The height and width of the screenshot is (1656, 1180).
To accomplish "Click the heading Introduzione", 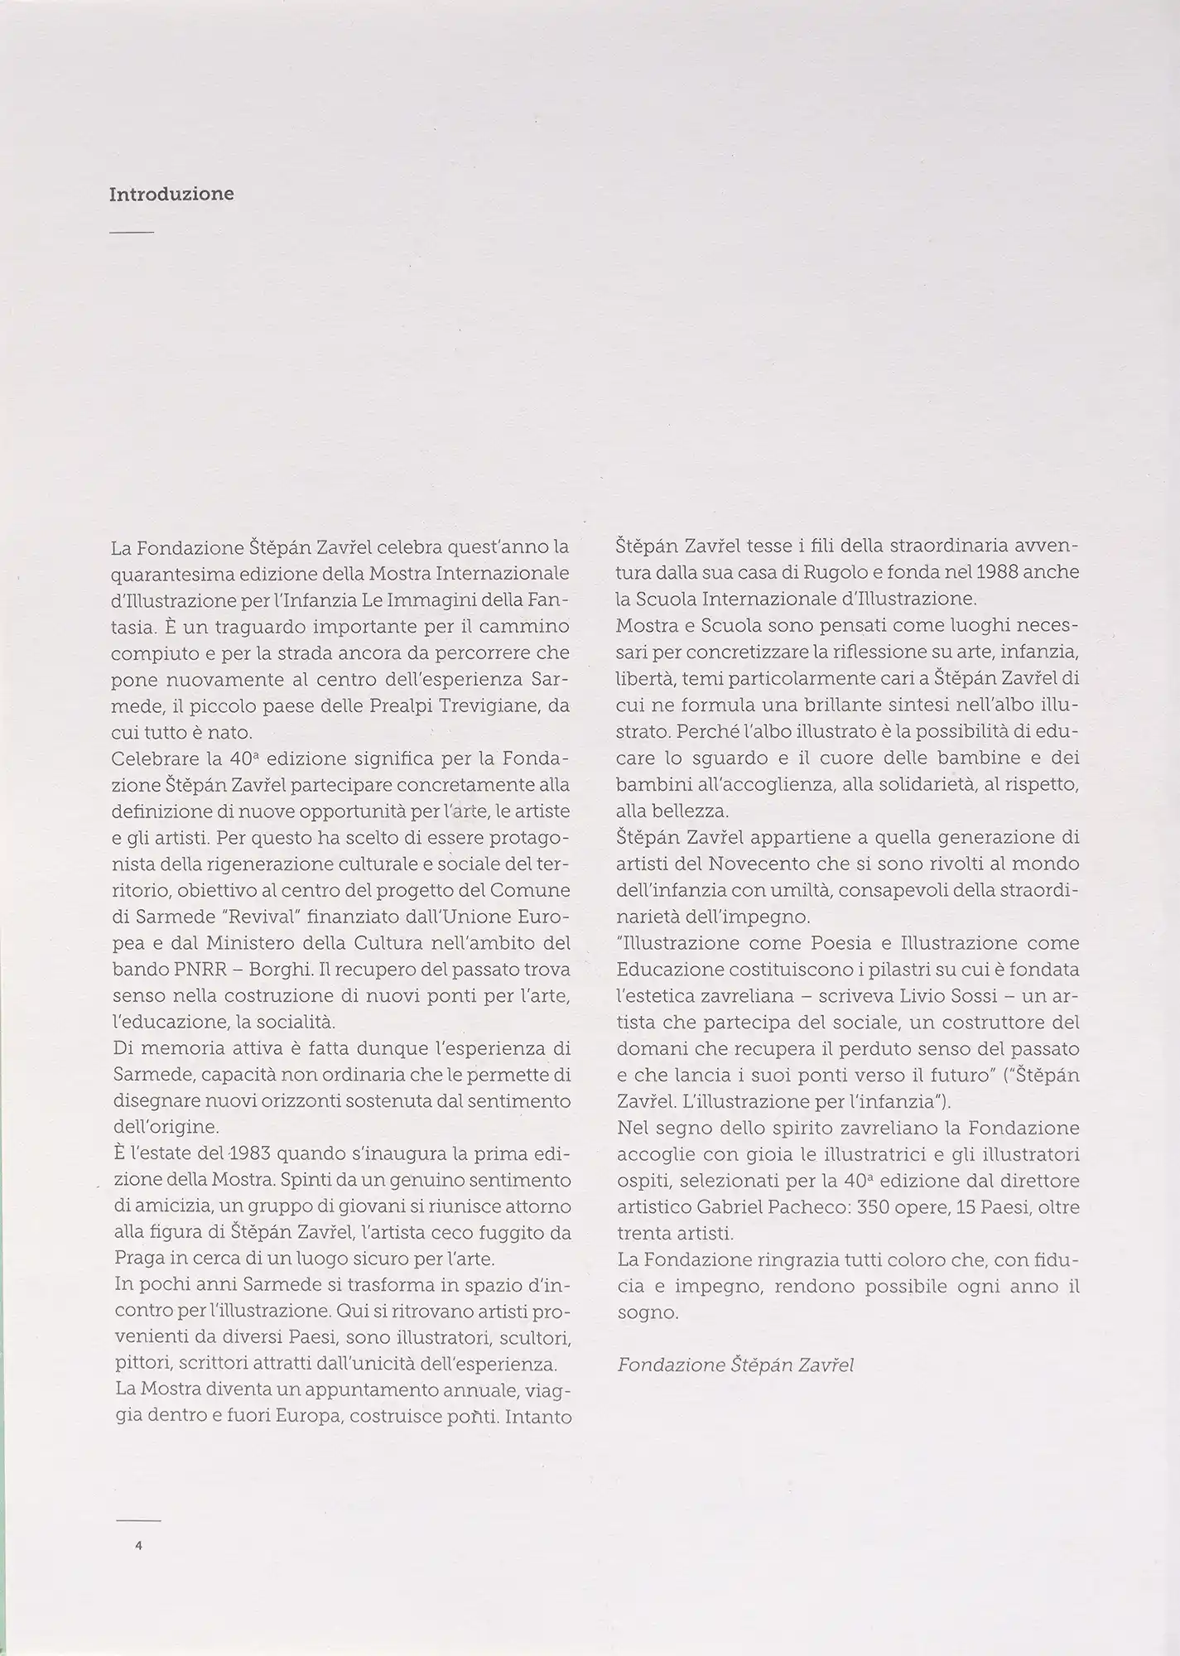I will (171, 195).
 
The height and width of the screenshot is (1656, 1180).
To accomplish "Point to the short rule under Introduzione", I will (132, 233).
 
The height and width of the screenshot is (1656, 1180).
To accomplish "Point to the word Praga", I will (137, 1259).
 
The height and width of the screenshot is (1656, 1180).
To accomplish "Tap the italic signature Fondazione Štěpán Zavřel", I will (735, 1365).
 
